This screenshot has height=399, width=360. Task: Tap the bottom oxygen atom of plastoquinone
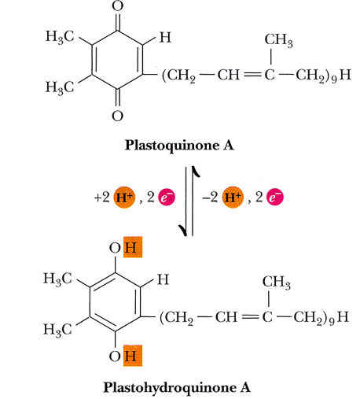116,117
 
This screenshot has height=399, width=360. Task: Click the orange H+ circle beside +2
123,197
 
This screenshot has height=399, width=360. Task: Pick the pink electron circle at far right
271,197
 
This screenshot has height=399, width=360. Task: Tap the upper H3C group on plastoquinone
60,40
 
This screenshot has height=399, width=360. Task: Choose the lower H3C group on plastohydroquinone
60,327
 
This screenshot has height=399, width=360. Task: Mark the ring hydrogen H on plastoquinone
163,37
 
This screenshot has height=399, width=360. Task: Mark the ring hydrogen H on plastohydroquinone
163,279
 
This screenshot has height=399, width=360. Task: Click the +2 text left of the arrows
101,198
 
